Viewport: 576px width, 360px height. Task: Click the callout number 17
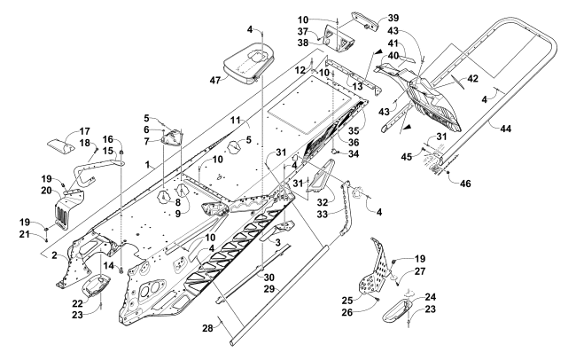click(61, 130)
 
